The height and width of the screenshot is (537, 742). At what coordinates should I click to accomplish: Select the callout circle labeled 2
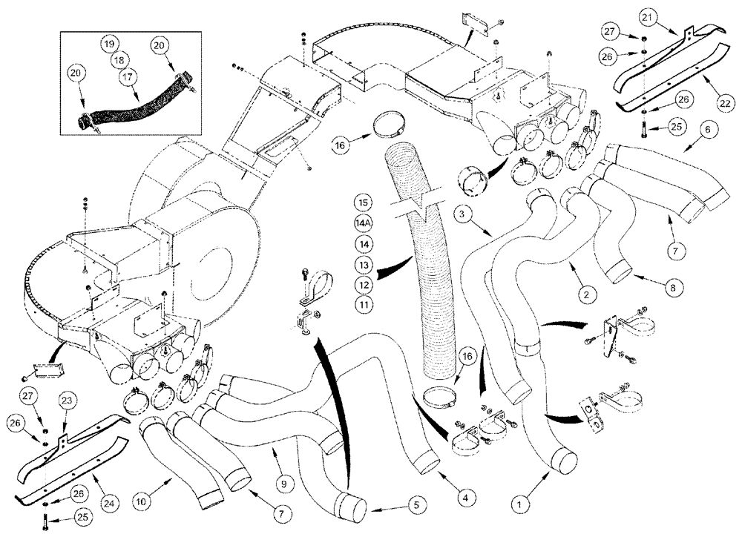click(x=586, y=295)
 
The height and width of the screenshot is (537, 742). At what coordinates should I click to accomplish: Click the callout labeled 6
click(x=706, y=131)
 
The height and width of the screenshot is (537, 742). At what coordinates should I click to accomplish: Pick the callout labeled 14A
click(x=363, y=222)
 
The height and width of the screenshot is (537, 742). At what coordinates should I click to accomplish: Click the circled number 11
click(x=363, y=304)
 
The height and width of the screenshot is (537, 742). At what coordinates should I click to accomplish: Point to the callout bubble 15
click(x=363, y=202)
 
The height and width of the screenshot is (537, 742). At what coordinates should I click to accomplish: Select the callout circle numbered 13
click(x=363, y=264)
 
